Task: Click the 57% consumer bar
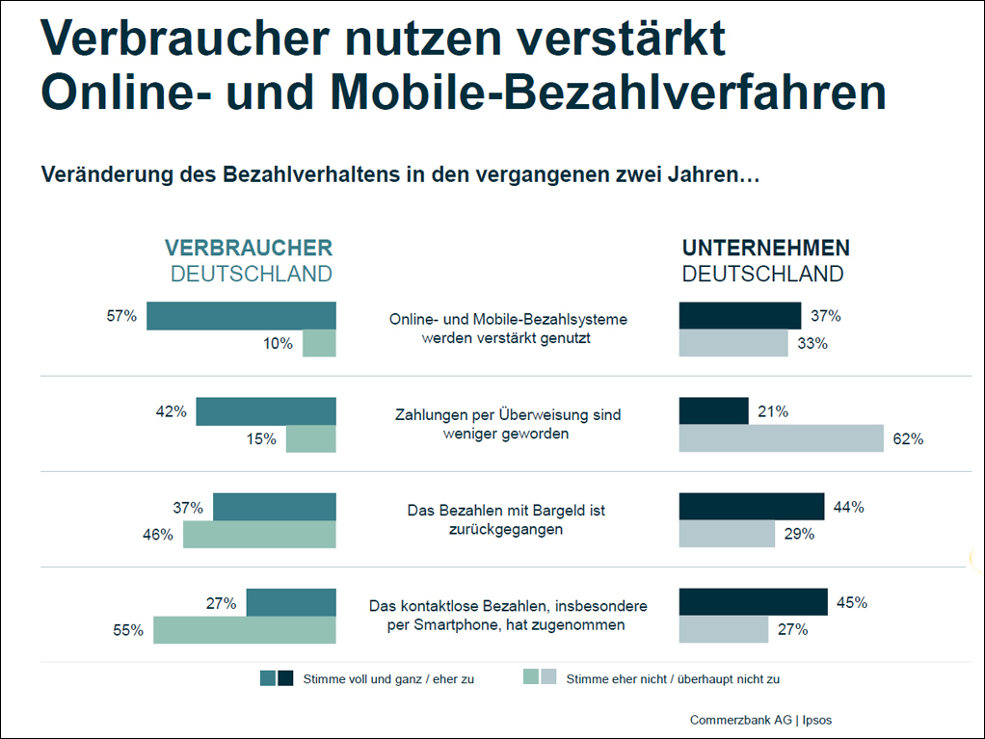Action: (x=241, y=316)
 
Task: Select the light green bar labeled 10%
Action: (x=319, y=344)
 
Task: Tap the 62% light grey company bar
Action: (x=781, y=438)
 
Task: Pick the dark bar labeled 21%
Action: (x=713, y=410)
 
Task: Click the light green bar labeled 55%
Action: (x=244, y=630)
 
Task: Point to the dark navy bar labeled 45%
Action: (x=753, y=602)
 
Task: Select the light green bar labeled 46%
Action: (x=259, y=535)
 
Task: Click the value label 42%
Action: (x=170, y=411)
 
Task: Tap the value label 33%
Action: (x=812, y=343)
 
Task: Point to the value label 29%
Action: (x=800, y=535)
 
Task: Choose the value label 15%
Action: (x=260, y=439)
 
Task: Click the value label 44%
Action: (x=849, y=507)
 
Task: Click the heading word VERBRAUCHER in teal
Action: (x=249, y=249)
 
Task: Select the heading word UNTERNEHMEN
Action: (x=766, y=249)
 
